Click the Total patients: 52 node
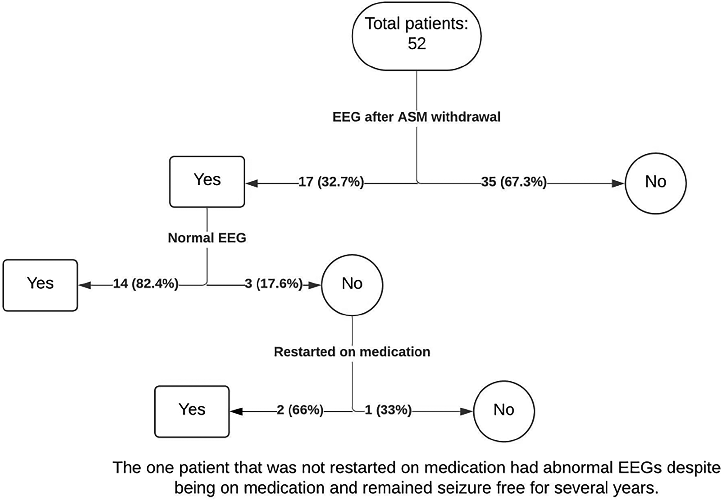[417, 36]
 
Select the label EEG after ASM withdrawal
[417, 117]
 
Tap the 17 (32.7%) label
[331, 182]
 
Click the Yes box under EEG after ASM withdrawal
[207, 182]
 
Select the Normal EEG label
[207, 238]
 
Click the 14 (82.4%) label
[146, 284]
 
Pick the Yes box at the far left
[40, 285]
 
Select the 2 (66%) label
[300, 410]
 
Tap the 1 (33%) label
[388, 410]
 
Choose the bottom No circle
[504, 411]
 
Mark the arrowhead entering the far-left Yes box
[85, 285]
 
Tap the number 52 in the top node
[417, 44]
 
